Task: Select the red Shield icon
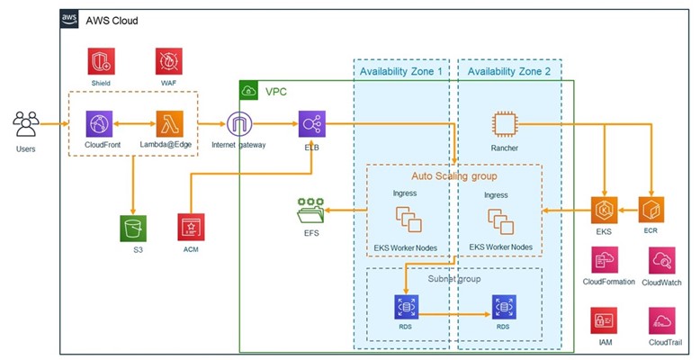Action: [100, 60]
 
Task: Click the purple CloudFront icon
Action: [98, 123]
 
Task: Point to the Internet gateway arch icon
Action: [240, 123]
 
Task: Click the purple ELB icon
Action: [312, 123]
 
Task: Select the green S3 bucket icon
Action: [133, 227]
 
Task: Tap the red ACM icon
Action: [191, 227]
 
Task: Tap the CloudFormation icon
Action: [602, 262]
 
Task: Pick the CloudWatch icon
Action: [661, 262]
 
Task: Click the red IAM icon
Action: [602, 320]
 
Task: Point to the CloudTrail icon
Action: [661, 320]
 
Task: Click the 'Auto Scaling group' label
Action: [453, 175]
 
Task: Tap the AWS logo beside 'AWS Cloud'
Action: [71, 19]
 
